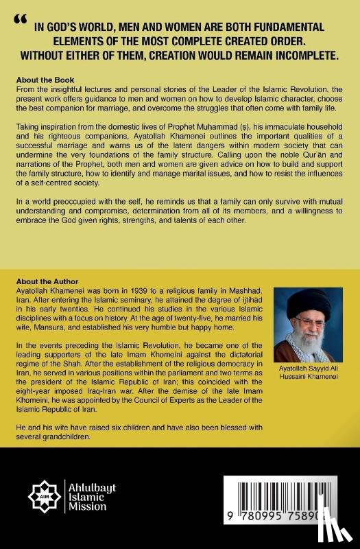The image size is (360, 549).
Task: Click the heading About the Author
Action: (x=49, y=281)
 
